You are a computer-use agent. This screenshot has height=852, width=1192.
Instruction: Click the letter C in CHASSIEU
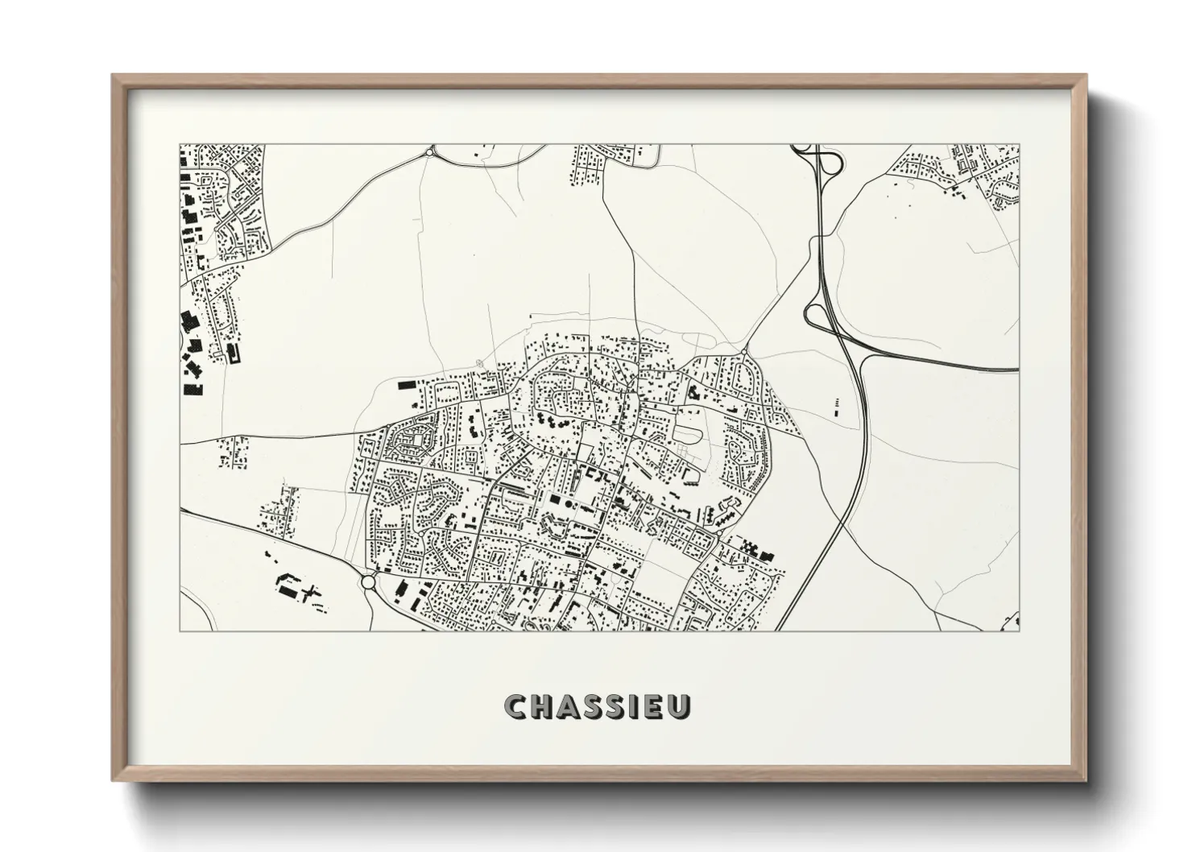click(515, 707)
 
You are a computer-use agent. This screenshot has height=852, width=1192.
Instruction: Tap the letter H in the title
click(542, 707)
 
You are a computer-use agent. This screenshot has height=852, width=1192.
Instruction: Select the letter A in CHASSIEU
click(569, 707)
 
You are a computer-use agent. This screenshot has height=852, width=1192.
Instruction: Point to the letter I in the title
click(635, 707)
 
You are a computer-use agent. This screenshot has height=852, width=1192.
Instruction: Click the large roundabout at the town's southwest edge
click(369, 581)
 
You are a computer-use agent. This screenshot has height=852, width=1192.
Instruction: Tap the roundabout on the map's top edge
click(431, 151)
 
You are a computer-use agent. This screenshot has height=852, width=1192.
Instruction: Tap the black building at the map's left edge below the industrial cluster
click(193, 391)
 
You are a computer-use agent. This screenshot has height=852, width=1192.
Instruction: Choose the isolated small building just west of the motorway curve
click(835, 406)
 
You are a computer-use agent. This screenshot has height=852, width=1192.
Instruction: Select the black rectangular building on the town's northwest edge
click(404, 385)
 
